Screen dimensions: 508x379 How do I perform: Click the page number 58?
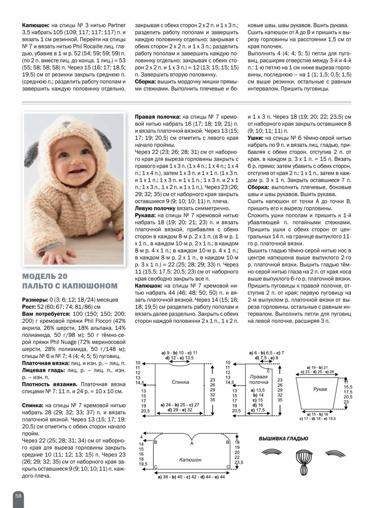(x=18, y=496)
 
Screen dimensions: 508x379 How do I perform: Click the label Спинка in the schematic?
(x=180, y=382)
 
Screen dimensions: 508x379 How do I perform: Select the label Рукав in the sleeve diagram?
(x=319, y=390)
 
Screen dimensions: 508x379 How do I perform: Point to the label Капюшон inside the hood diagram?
(x=190, y=460)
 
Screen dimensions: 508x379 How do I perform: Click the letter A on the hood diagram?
(x=191, y=443)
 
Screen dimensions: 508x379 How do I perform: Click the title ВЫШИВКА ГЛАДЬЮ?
(x=283, y=439)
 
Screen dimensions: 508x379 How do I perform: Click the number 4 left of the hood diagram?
(x=141, y=437)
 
